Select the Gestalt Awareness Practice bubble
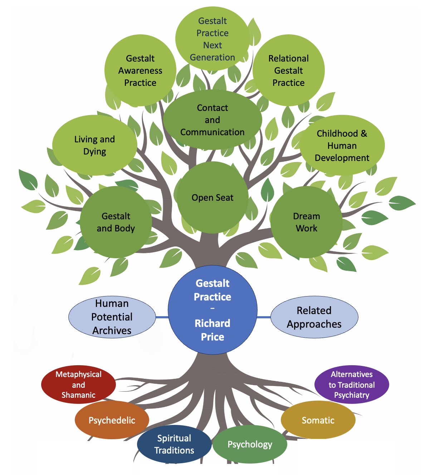[x=140, y=70]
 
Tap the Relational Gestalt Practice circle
[x=288, y=70]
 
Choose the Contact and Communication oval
[x=212, y=120]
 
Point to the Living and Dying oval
[x=94, y=145]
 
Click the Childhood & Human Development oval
[x=342, y=146]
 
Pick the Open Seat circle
[x=212, y=197]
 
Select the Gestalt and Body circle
[x=116, y=222]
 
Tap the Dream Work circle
[x=306, y=222]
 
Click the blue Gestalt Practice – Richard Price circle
[x=212, y=310]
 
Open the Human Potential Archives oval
[x=112, y=317]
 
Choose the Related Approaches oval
[x=314, y=317]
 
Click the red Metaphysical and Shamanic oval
[x=78, y=385]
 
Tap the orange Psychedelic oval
[x=112, y=420]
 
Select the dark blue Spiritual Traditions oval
[x=174, y=444]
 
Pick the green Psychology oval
[x=250, y=444]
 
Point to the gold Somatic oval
[x=318, y=420]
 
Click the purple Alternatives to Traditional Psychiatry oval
[x=352, y=385]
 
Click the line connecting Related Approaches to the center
[x=264, y=317]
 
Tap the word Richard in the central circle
[x=212, y=323]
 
